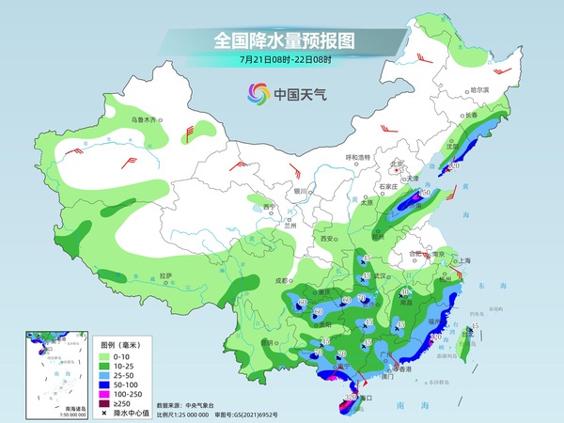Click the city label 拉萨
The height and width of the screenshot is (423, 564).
tap(166, 275)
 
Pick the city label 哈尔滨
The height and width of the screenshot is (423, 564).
tap(478, 91)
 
